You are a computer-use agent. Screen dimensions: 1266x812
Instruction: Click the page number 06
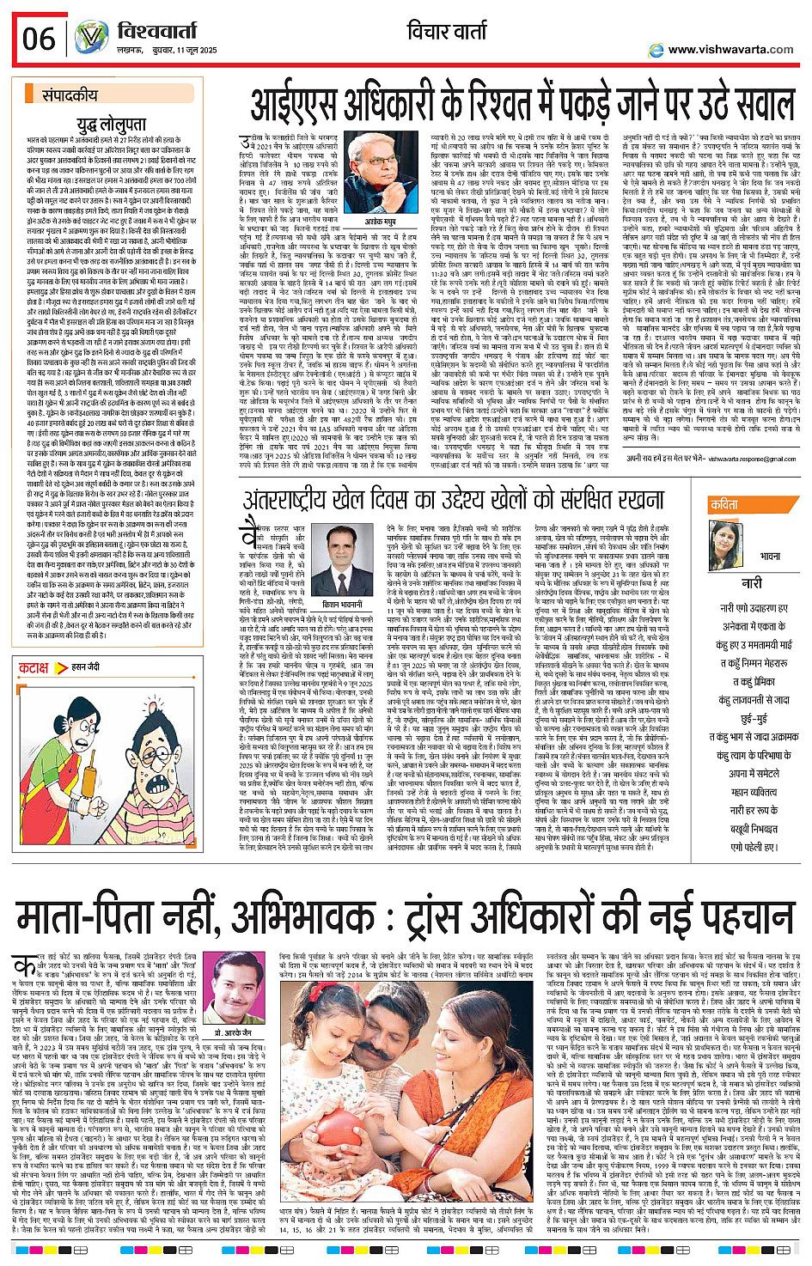[x=38, y=39]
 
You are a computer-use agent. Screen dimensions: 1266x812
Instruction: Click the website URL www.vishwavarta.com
[x=730, y=50]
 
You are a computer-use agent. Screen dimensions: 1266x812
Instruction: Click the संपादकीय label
[x=70, y=97]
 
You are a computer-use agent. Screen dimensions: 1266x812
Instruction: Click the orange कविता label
[x=723, y=505]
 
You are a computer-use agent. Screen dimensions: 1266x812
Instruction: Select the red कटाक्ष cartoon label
[x=34, y=667]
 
